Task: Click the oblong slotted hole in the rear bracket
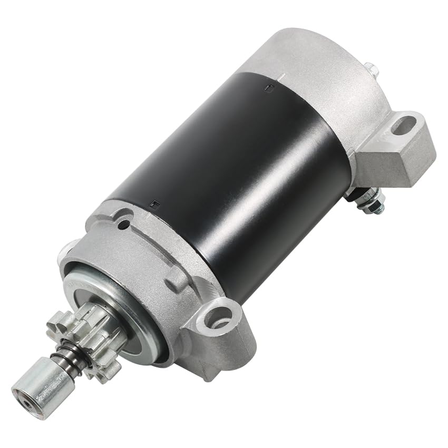coord(404,126)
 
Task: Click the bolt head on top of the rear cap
coord(371,69)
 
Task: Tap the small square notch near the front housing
coord(153,202)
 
